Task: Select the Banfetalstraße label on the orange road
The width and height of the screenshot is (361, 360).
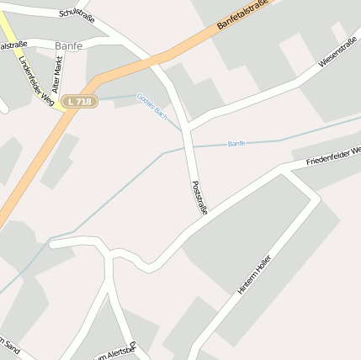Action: tap(247, 15)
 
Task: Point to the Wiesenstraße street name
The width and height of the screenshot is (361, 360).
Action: tap(339, 50)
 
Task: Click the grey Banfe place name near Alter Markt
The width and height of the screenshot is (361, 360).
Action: tap(68, 45)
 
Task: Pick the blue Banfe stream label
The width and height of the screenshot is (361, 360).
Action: tap(236, 144)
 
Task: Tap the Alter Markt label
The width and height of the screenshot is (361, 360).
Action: tap(57, 74)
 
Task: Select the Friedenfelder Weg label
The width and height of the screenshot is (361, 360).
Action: tap(333, 155)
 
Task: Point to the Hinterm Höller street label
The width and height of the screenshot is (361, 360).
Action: tap(256, 273)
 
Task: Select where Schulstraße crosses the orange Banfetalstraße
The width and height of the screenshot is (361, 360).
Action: tap(157, 59)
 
